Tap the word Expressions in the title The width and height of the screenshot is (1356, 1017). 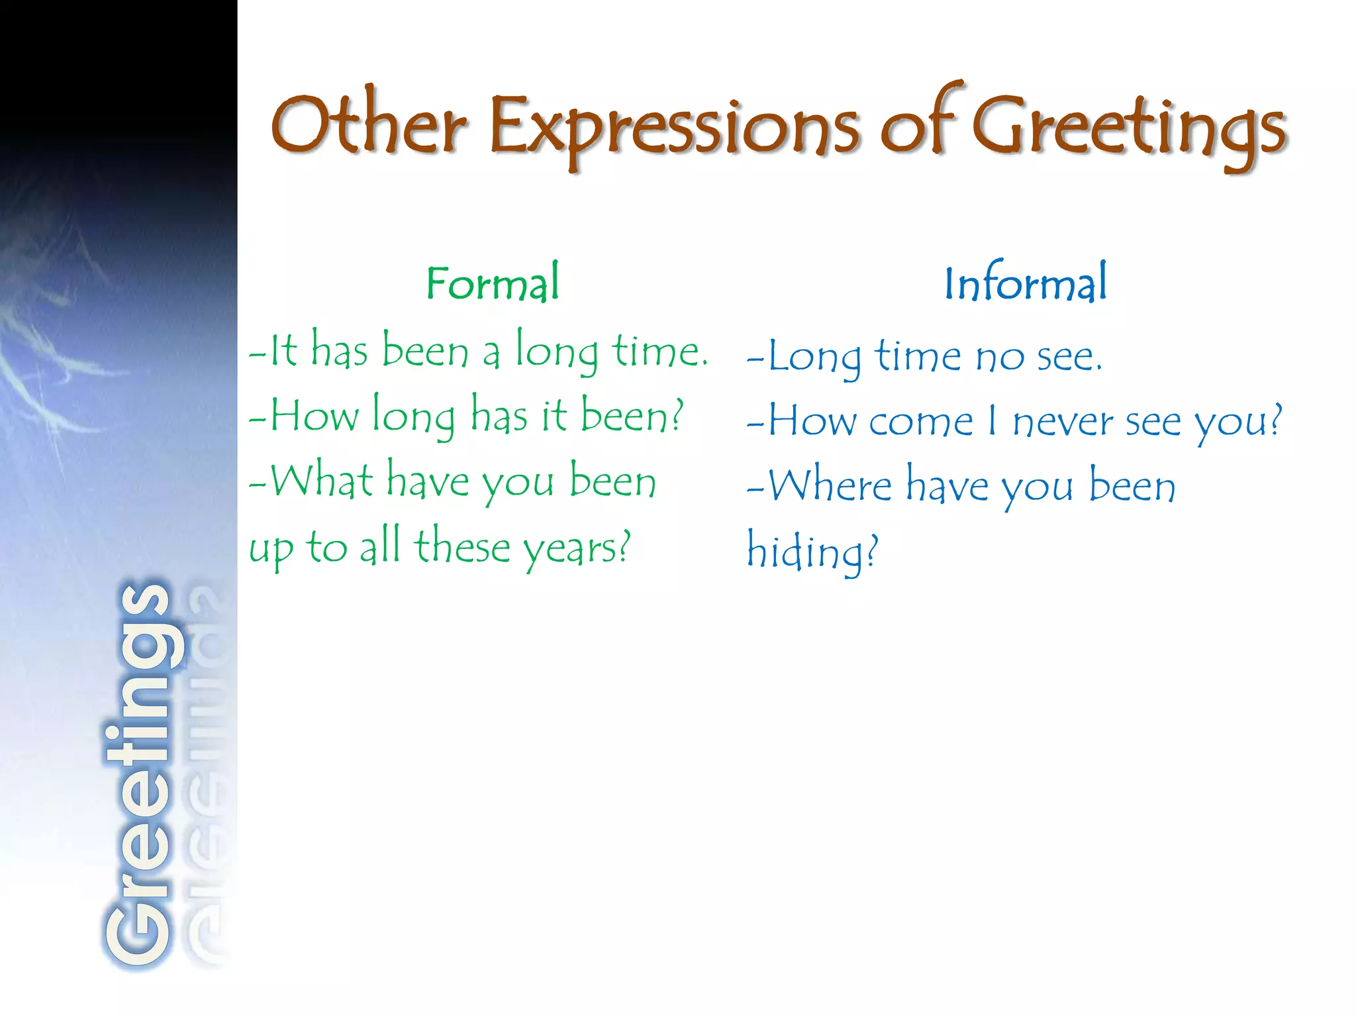click(674, 128)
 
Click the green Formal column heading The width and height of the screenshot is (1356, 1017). click(493, 283)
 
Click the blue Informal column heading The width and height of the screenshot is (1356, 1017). click(1025, 283)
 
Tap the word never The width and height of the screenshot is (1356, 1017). click(1063, 422)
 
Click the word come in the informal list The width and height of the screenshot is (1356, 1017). click(921, 422)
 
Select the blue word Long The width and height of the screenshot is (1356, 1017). click(815, 358)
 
